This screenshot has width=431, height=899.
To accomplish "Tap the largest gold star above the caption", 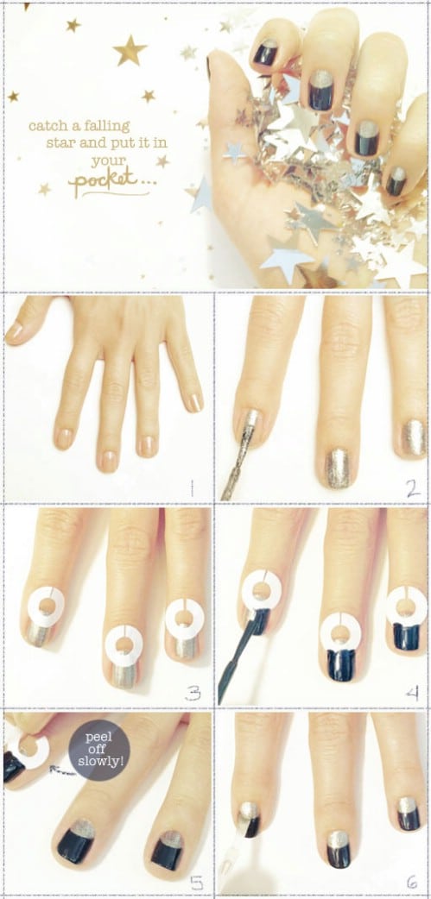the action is point(130,50).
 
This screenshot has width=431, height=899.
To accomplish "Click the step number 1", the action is point(193,488).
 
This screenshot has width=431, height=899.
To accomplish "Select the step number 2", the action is point(413,488).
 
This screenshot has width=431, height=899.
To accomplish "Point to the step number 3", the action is point(193,694).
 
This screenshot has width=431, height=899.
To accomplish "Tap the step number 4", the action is point(412,694).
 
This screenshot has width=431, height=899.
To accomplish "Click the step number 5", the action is point(197,883).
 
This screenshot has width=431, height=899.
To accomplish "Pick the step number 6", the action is point(413,882).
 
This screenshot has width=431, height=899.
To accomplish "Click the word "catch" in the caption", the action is point(47,126).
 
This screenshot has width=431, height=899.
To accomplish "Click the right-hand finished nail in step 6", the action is point(408,813).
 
